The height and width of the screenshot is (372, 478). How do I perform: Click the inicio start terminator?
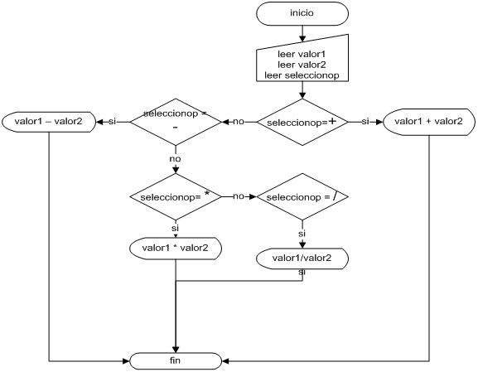click(x=302, y=13)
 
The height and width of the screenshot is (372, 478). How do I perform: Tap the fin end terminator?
click(x=176, y=360)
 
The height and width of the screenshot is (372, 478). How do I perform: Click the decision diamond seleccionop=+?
click(x=302, y=122)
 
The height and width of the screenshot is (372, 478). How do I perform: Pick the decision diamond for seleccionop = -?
click(x=176, y=122)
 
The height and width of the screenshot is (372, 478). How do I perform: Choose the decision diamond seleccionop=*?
click(x=176, y=196)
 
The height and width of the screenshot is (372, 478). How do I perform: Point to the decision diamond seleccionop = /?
click(x=302, y=196)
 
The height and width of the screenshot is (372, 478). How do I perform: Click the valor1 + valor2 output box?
click(x=428, y=122)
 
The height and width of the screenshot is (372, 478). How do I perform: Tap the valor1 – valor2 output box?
click(x=49, y=122)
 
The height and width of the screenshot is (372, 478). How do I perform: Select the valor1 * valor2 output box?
click(x=176, y=247)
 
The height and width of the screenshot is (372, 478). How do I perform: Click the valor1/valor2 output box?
click(x=302, y=258)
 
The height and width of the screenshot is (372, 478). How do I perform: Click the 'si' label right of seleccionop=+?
click(x=365, y=122)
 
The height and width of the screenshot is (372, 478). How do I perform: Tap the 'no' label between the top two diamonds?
click(x=239, y=122)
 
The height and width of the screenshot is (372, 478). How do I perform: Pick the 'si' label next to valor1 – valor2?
click(x=112, y=122)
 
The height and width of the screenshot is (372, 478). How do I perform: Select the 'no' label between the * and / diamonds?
click(x=239, y=196)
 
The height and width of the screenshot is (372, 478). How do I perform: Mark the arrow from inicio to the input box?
click(x=302, y=33)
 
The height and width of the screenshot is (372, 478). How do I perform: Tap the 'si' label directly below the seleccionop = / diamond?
click(x=302, y=234)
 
